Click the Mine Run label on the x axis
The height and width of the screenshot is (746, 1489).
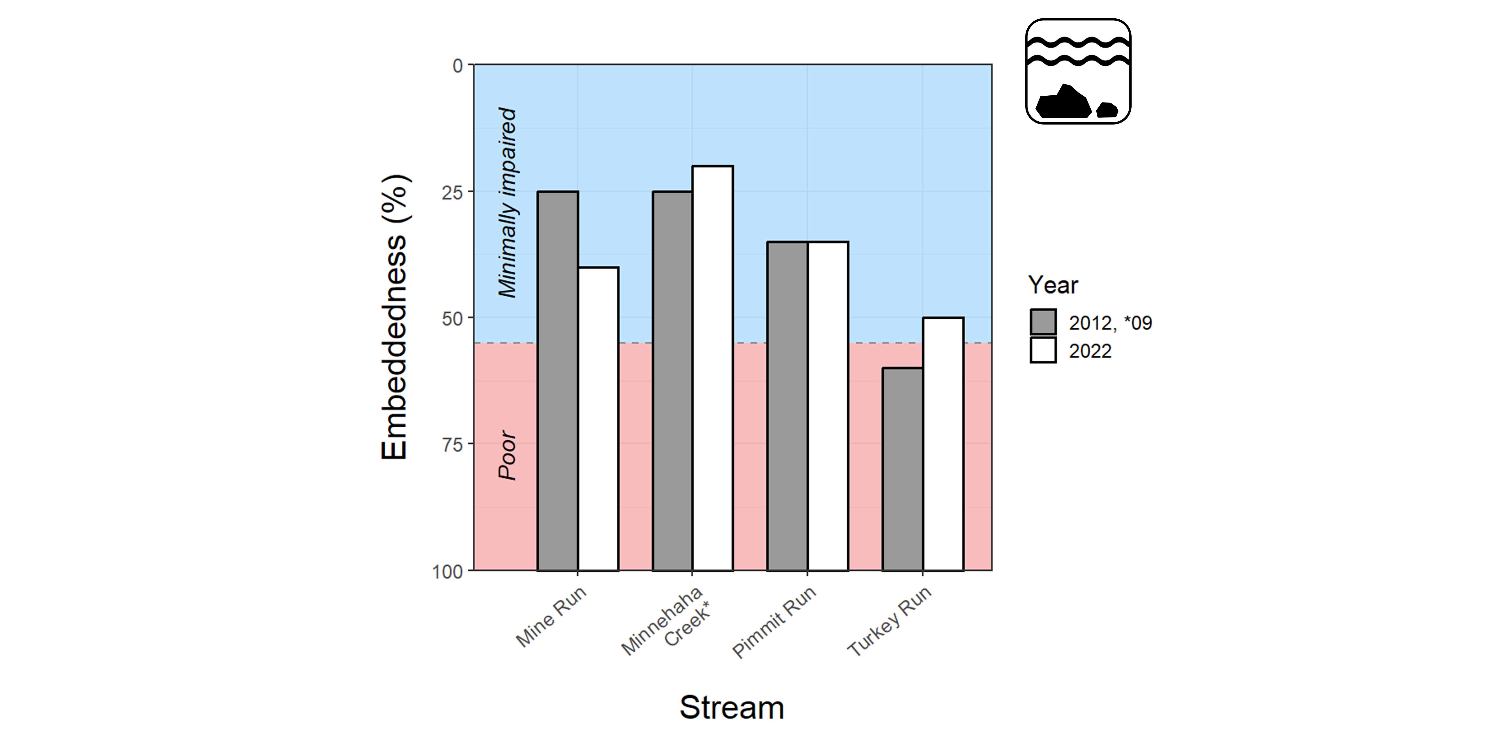[x=551, y=616]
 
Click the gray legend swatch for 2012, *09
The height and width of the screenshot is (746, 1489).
[x=1043, y=322]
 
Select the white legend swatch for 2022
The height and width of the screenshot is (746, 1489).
[x=1043, y=350]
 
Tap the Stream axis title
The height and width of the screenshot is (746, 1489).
[x=732, y=707]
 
